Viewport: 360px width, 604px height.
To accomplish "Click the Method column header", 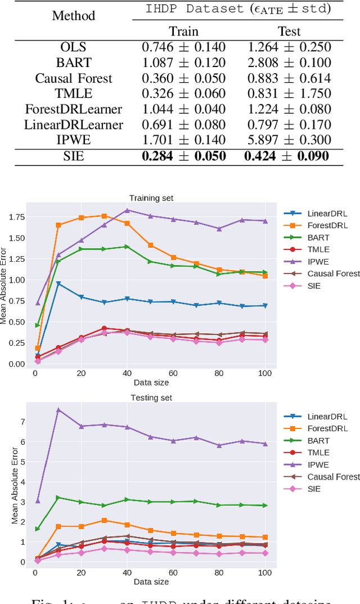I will [73, 15].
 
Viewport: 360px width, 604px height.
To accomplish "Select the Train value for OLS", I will [184, 47].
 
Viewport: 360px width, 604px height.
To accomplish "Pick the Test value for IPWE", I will [287, 140].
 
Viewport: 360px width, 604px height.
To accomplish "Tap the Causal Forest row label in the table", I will [74, 78].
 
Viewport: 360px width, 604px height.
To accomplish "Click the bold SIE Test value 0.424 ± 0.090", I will [287, 156].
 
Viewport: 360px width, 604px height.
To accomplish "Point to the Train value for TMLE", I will [184, 94].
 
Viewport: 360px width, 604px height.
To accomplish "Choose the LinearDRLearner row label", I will [74, 125].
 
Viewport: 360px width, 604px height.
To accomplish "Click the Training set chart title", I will [151, 198].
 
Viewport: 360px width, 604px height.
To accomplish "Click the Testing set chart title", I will [151, 398].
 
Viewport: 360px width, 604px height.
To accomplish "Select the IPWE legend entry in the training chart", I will [318, 262].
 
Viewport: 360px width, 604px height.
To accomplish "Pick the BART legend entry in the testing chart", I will [318, 441].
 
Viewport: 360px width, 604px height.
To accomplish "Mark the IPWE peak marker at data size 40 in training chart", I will [127, 210].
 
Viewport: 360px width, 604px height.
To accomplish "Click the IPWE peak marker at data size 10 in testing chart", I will [58, 410].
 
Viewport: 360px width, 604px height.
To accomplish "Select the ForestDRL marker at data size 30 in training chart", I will [104, 216].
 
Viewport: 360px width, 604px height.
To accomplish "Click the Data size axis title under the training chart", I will [151, 383].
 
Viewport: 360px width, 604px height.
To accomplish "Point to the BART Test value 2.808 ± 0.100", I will [287, 63].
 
